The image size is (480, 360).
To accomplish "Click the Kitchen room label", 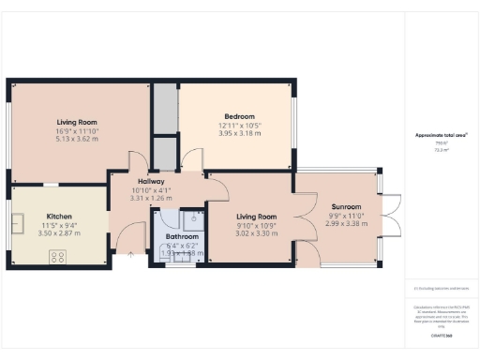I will tap(59, 217).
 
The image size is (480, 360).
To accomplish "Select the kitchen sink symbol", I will tap(19, 223).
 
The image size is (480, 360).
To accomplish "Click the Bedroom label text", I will tap(240, 117).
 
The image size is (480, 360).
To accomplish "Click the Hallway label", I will tap(151, 181).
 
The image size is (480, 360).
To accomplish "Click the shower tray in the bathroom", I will tap(194, 220).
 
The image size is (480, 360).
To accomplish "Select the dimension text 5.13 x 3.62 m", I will tap(78, 139).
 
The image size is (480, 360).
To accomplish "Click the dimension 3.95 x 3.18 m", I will tap(240, 133).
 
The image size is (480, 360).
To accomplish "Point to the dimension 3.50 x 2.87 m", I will tap(59, 232).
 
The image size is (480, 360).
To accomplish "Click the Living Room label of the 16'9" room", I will tap(78, 122).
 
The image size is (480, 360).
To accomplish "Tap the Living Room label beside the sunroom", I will tap(255, 217).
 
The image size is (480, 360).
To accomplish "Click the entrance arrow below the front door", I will tap(131, 252).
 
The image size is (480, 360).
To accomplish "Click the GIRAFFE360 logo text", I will tap(442, 334).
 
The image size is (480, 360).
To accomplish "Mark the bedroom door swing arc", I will tap(192, 157).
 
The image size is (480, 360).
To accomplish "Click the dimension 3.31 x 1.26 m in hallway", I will tap(151, 198).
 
